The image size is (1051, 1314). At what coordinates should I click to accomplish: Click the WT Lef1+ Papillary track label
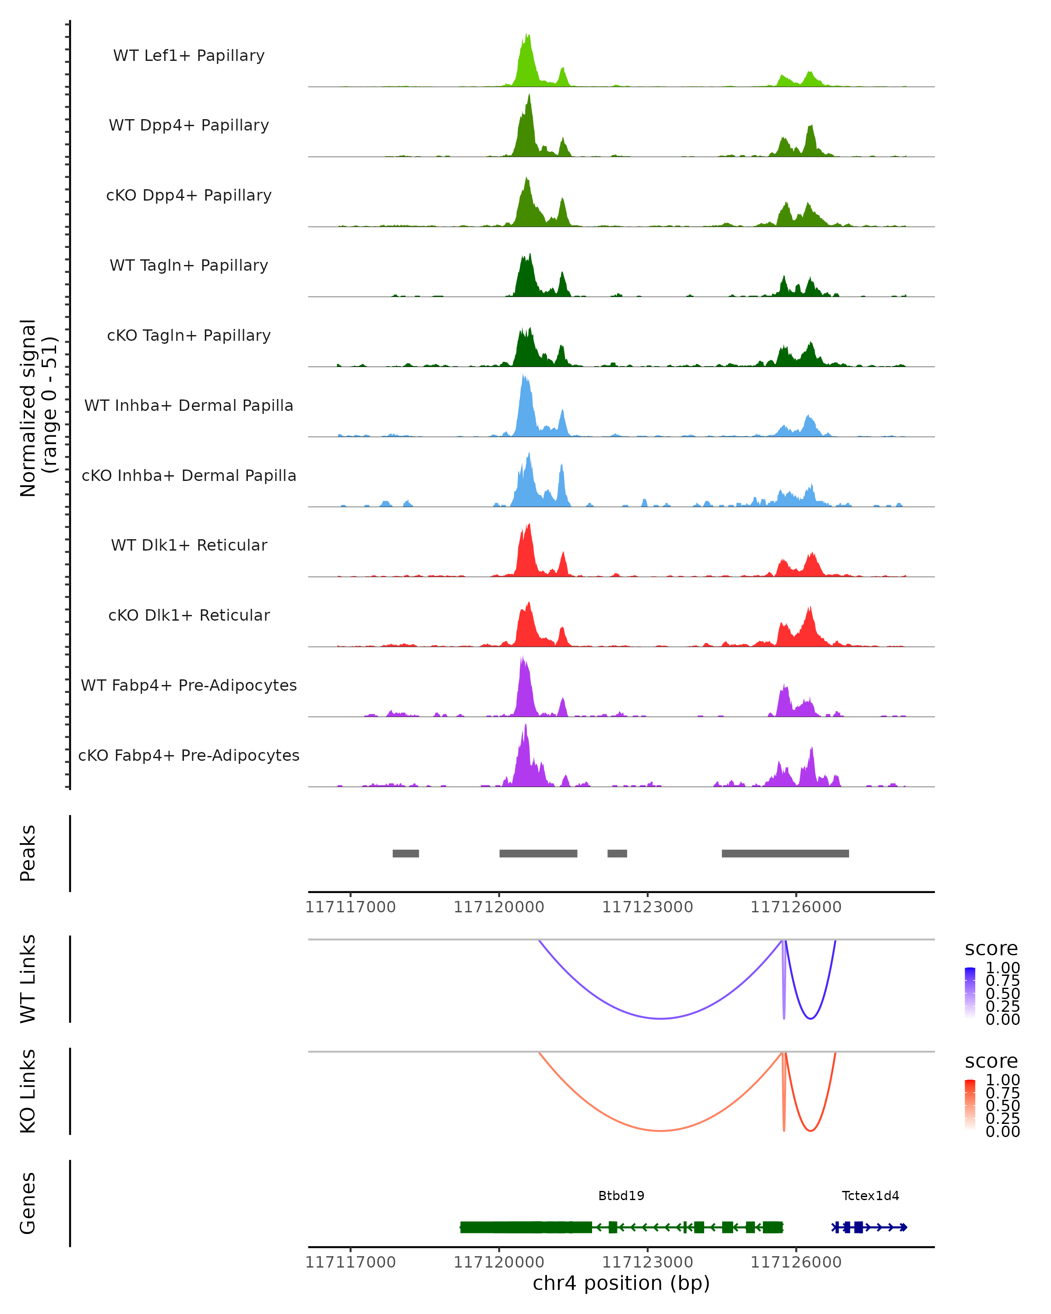pyautogui.click(x=189, y=56)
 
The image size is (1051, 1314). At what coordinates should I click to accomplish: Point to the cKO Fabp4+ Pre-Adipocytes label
pyautogui.click(x=189, y=755)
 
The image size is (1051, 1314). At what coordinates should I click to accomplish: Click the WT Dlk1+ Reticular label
pyautogui.click(x=189, y=545)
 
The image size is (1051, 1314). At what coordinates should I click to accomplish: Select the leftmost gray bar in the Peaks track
pyautogui.click(x=406, y=853)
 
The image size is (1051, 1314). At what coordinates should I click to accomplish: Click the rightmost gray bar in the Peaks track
pyautogui.click(x=785, y=853)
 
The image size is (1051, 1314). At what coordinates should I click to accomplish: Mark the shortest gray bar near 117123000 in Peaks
pyautogui.click(x=617, y=853)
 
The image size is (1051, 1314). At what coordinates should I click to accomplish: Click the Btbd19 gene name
pyautogui.click(x=621, y=1196)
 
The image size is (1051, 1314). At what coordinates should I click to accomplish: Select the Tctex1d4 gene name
pyautogui.click(x=870, y=1196)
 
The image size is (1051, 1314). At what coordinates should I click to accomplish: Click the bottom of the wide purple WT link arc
pyautogui.click(x=661, y=1018)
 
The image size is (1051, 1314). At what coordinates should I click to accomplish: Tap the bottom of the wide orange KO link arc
pyautogui.click(x=661, y=1130)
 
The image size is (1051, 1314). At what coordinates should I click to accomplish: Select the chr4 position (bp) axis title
pyautogui.click(x=621, y=1283)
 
